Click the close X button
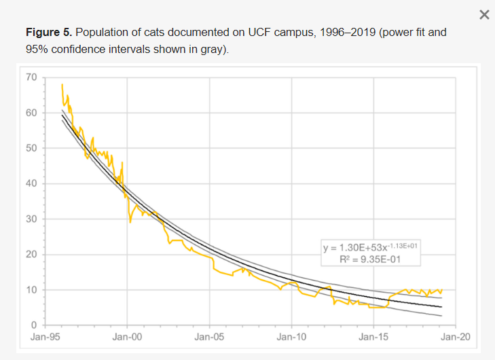(x=484, y=15)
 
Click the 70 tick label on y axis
(x=32, y=77)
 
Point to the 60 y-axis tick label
(x=32, y=113)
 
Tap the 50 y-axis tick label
(x=32, y=148)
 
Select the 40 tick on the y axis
(x=32, y=183)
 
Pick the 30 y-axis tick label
(x=32, y=219)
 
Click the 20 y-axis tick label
(x=32, y=255)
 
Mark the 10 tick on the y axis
(x=32, y=290)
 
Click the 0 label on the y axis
(x=34, y=325)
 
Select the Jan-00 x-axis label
(x=127, y=336)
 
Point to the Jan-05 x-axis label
(x=209, y=336)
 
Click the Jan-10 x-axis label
(x=291, y=336)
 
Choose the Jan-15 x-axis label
(x=373, y=336)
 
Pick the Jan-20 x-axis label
(x=456, y=336)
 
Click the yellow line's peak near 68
(x=62, y=84)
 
